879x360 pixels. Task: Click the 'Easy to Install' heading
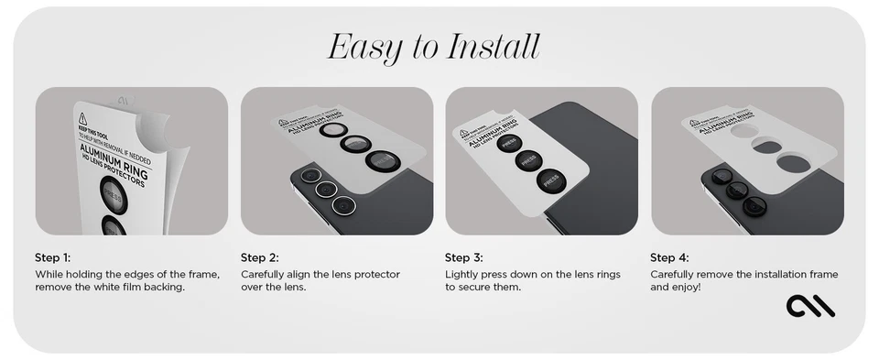pos(433,46)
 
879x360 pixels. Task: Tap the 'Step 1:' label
pos(52,257)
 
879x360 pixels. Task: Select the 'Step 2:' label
pos(259,257)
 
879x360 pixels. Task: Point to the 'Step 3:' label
pos(464,257)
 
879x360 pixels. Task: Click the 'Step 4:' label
pos(669,257)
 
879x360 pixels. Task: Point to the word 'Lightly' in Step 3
pos(463,274)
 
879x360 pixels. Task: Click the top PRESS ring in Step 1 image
pos(116,194)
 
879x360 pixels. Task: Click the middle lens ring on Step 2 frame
pos(354,143)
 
